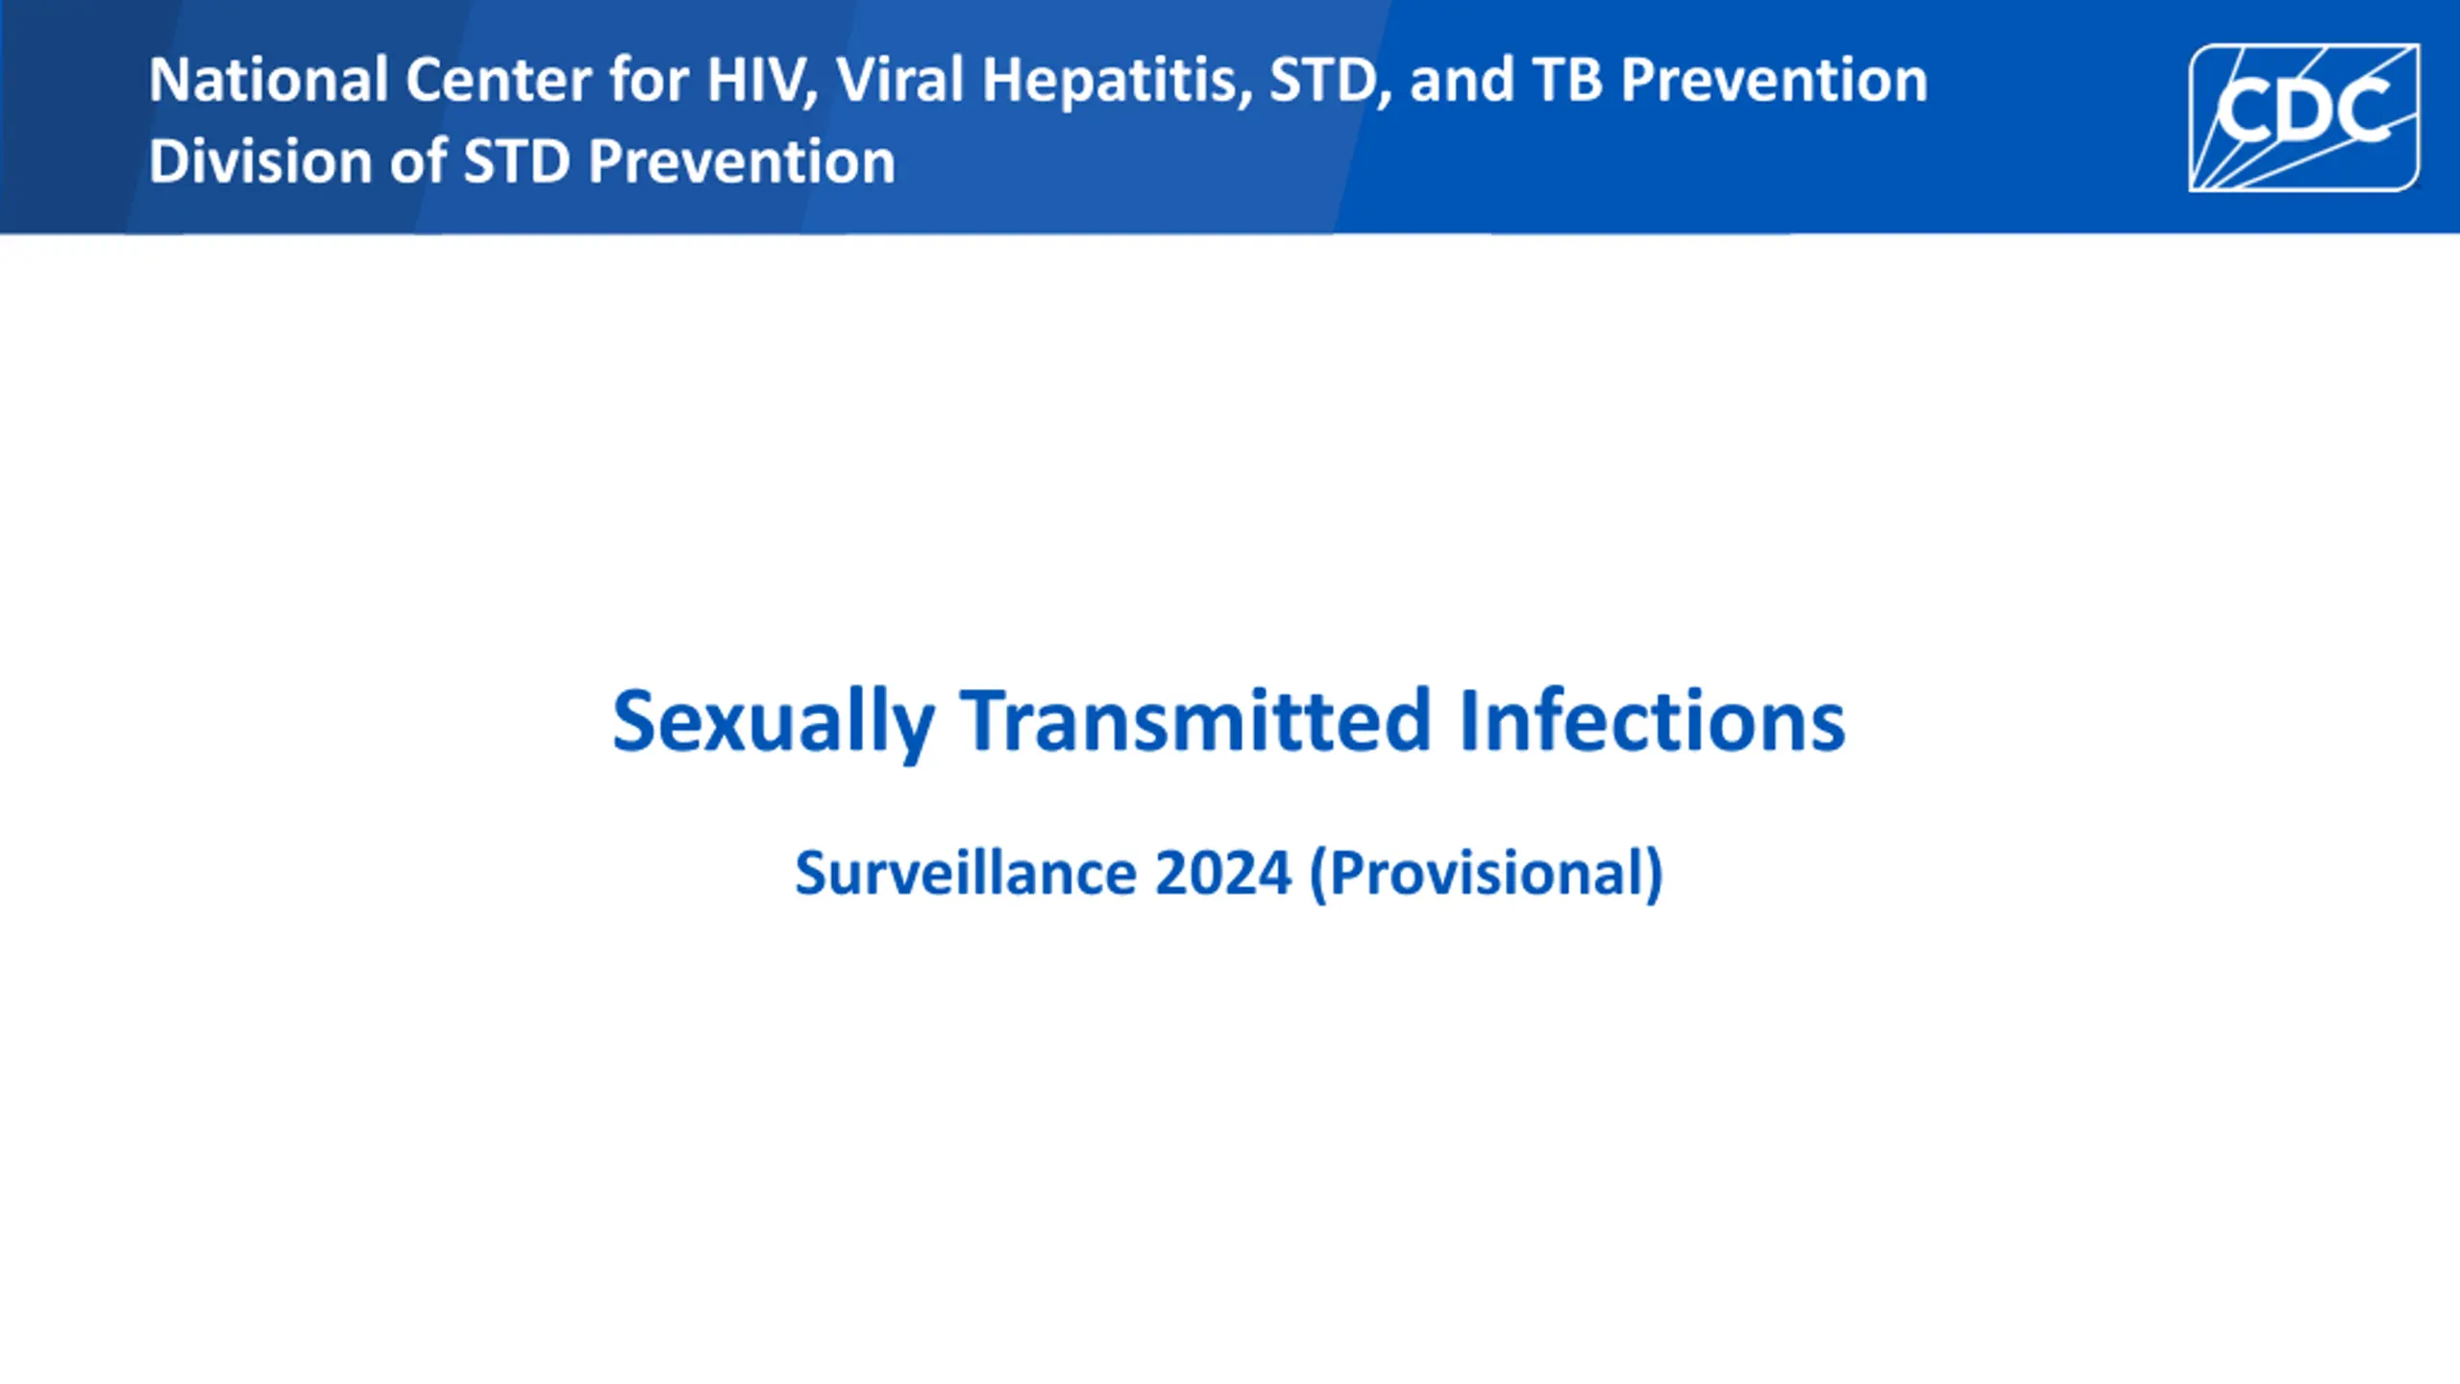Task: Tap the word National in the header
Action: tap(268, 80)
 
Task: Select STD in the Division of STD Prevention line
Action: tap(517, 161)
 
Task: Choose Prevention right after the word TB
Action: tap(1774, 80)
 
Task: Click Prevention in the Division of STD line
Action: tap(741, 161)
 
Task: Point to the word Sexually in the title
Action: tap(774, 723)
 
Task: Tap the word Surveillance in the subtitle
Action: tap(966, 873)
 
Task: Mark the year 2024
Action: tap(1222, 873)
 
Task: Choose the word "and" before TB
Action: tap(1462, 80)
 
